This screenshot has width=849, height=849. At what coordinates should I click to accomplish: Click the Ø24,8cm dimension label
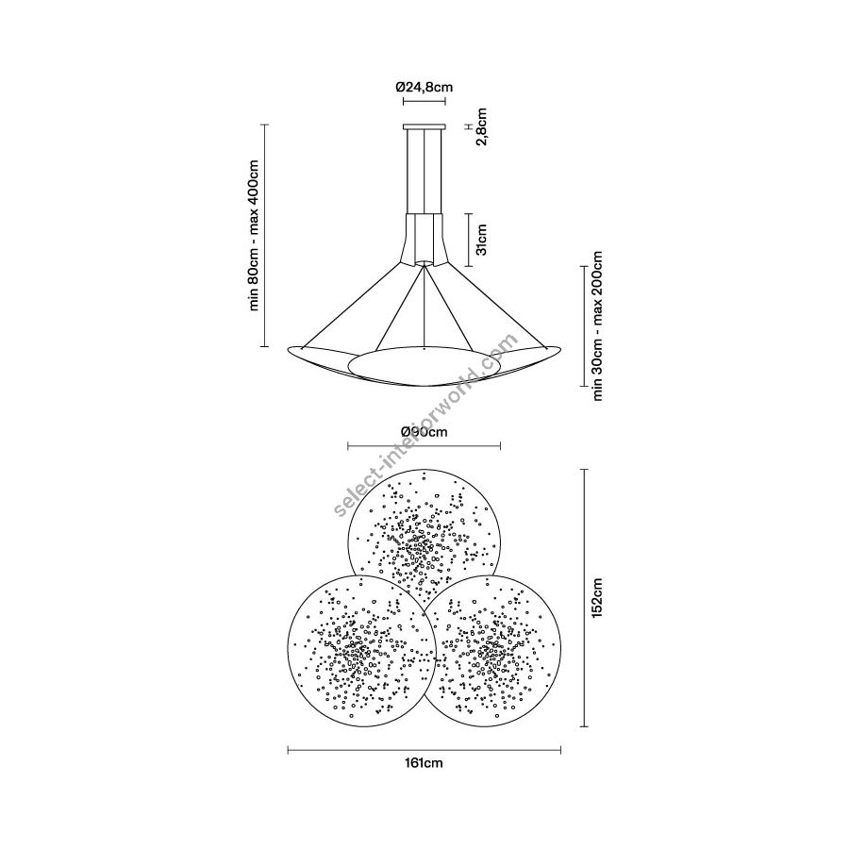pos(424,87)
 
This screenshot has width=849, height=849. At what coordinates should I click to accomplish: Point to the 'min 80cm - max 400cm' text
pos(254,236)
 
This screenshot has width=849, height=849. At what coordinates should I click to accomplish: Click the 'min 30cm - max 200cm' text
pos(597,325)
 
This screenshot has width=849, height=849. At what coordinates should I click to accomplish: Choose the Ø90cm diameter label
pos(424,431)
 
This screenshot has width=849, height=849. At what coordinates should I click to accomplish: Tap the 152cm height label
pos(597,598)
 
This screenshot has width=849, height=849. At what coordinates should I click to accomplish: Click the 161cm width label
pos(424,763)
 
